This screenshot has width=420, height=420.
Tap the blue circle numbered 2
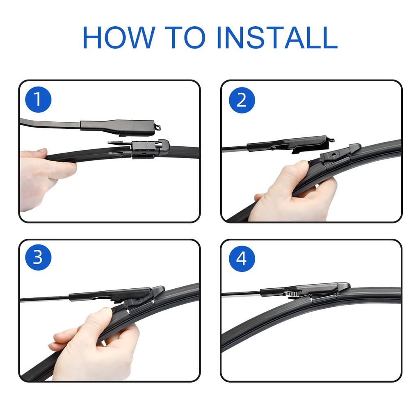click(x=242, y=100)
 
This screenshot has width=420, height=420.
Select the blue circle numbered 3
click(x=38, y=258)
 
